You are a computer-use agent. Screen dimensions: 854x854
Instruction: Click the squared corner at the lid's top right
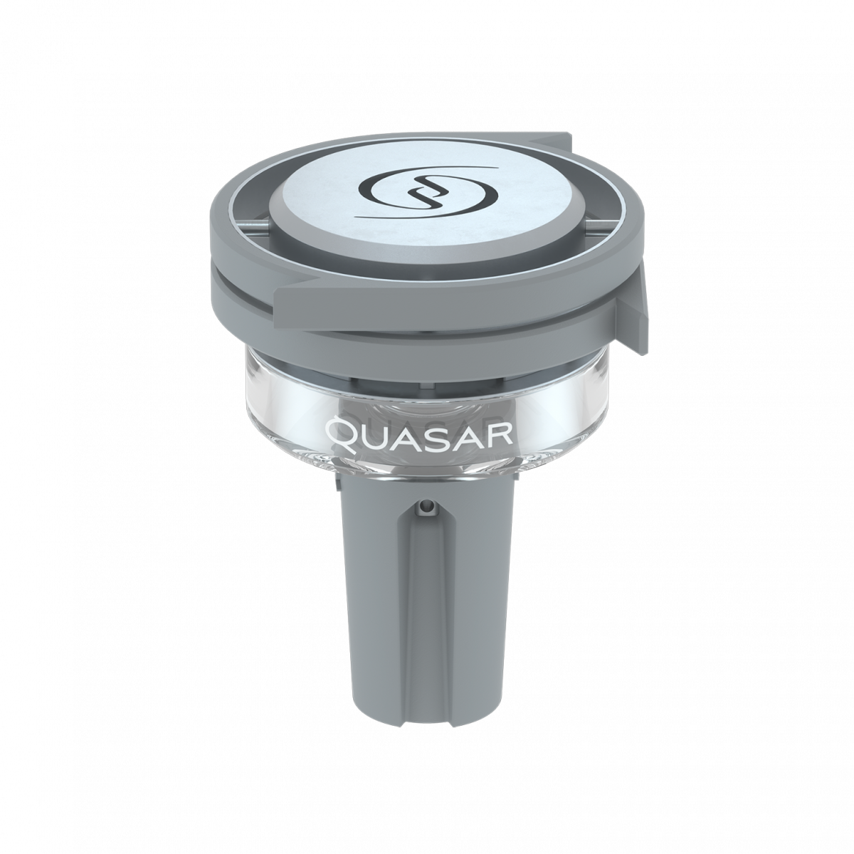[566, 136]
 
